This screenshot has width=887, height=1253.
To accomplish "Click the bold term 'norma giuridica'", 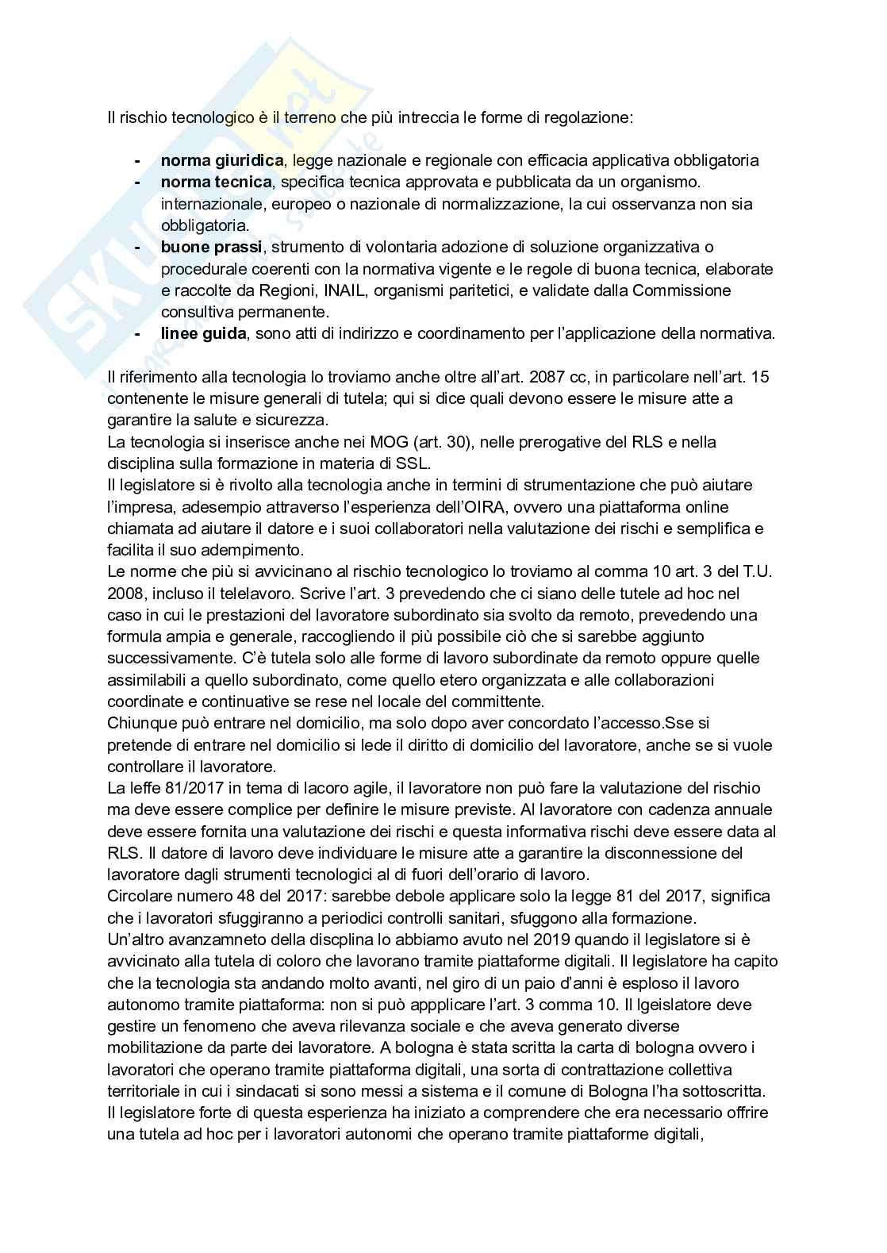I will point(221,161).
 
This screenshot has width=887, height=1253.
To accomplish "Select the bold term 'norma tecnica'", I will point(216,183).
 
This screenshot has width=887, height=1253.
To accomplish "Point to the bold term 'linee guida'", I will point(203,334).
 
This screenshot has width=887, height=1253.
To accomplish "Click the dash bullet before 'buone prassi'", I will point(137,248).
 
